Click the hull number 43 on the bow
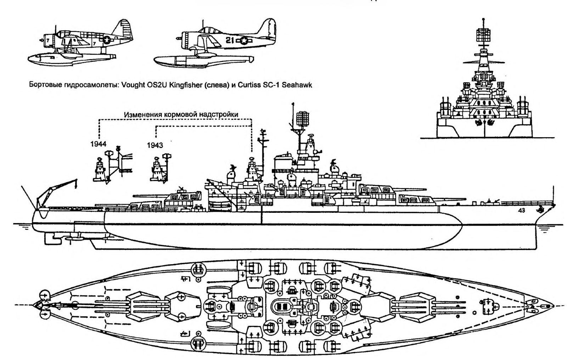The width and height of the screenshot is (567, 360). (521, 210)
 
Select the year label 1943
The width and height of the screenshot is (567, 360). (155, 145)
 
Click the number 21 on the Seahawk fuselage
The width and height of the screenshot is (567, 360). (230, 41)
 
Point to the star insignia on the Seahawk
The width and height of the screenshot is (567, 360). (244, 41)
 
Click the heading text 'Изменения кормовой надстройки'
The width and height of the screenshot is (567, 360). (181, 114)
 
